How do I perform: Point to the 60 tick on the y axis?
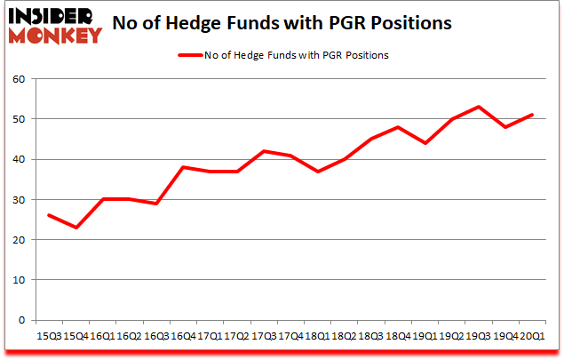click(x=19, y=79)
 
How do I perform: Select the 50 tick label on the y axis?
click(x=19, y=119)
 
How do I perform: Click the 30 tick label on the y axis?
click(x=19, y=199)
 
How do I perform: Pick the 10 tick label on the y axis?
click(x=19, y=280)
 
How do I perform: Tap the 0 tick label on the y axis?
click(x=22, y=320)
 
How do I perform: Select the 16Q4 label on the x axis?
click(x=182, y=336)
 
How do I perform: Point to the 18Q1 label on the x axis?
click(x=317, y=336)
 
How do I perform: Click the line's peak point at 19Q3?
click(x=479, y=107)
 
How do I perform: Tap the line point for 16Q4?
click(x=182, y=167)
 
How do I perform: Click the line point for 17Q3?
click(x=263, y=151)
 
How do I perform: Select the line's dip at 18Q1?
click(x=317, y=172)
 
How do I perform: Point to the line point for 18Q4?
click(x=398, y=127)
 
